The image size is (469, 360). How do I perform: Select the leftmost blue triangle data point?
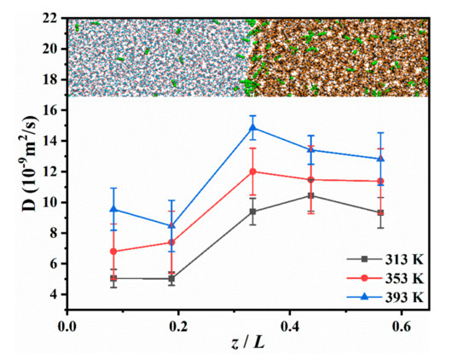pyautogui.click(x=113, y=209)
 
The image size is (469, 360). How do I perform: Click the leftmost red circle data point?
pyautogui.click(x=113, y=252)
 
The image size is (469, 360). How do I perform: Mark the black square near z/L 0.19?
pyautogui.click(x=171, y=279)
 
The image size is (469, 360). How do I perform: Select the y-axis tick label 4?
pyautogui.click(x=53, y=294)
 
